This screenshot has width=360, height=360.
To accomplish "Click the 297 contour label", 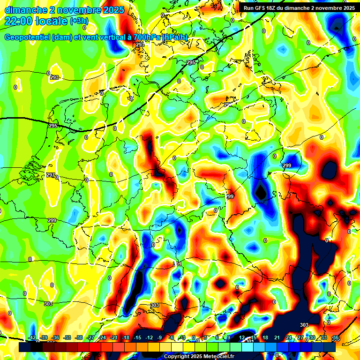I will pos(50,175).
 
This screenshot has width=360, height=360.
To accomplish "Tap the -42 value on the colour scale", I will pos(32,338).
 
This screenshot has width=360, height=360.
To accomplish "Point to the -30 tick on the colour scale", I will pos(79,338).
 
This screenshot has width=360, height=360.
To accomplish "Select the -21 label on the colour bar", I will pos(114,338).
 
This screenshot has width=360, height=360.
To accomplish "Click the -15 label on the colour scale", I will pos(137,338).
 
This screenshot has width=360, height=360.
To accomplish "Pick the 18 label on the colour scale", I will pos(265,338).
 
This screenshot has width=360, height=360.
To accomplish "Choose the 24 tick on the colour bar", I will pos(288,338).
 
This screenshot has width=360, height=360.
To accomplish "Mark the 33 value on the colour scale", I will pos(323,338).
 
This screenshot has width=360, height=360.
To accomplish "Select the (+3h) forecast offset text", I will pos(78,21).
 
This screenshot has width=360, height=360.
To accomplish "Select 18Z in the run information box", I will pos(277,7).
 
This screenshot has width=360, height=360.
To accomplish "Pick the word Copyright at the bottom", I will pos(177,356).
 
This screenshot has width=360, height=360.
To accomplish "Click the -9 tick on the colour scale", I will pos(160,338).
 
